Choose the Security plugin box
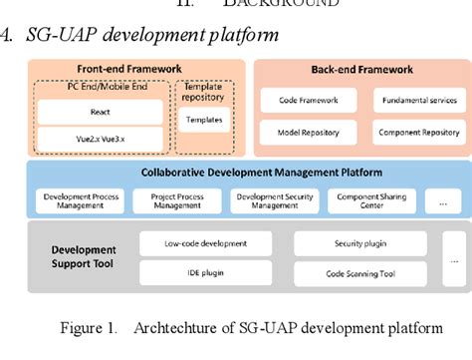click(359, 243)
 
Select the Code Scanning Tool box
click(359, 273)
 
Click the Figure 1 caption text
click(249, 330)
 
